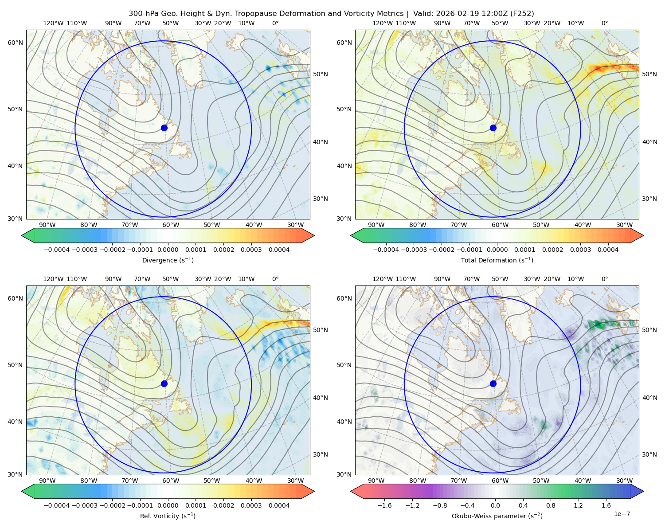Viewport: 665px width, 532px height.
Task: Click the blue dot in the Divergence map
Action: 164,128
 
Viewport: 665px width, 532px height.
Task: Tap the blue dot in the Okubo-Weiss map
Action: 493,383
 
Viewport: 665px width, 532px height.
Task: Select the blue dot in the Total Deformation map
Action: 493,128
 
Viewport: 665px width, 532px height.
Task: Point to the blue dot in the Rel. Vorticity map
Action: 164,383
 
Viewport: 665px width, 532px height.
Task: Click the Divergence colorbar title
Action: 168,260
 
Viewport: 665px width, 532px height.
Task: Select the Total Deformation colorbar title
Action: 497,260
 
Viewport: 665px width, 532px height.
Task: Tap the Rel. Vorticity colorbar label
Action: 168,516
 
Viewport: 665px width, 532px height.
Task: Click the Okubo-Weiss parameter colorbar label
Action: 497,516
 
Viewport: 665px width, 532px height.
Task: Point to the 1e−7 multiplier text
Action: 622,514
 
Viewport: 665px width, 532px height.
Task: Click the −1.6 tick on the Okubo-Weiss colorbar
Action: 384,505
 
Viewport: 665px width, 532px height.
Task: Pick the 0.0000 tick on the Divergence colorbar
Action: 168,250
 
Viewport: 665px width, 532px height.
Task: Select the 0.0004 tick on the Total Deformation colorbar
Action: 608,250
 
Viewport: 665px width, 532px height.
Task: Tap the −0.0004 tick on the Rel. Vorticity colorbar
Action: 57,505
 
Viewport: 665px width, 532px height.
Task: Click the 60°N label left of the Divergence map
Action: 15,43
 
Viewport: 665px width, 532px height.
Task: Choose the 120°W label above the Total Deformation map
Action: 382,23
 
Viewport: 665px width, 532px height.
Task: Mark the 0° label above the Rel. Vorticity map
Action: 275,279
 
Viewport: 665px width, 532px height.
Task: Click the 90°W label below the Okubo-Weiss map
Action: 376,481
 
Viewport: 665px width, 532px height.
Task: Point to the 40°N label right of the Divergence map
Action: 321,142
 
